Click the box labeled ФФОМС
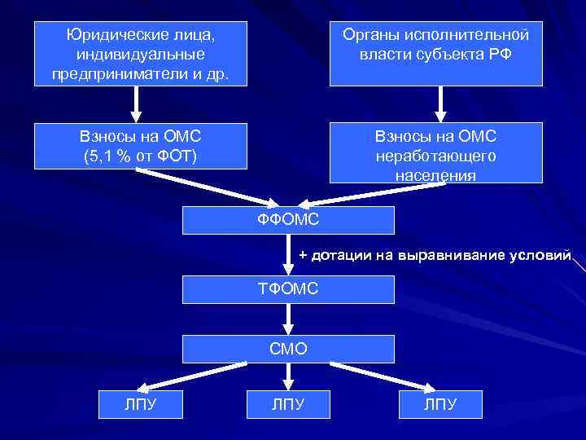[288, 220]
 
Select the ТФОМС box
[288, 289]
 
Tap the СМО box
[288, 349]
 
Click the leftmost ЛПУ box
[140, 405]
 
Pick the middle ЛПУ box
[288, 405]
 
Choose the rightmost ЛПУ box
[440, 405]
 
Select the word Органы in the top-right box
[371, 35]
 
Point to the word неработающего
[435, 156]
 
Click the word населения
[435, 174]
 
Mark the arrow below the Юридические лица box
[137, 103]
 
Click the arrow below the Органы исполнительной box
[440, 103]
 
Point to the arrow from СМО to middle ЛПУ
[288, 376]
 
